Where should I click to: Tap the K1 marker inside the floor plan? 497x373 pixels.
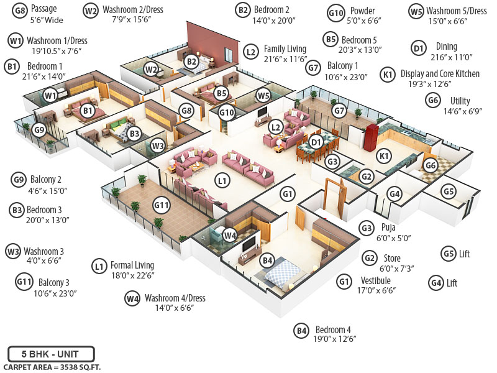coord(384,155)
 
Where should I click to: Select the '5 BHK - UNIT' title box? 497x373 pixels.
coord(51,354)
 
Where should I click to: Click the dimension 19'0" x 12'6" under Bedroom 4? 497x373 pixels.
coord(335,339)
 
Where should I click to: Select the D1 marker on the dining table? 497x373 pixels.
coord(316,142)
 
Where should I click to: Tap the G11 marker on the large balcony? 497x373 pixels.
coord(162,205)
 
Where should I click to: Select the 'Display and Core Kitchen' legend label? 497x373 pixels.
coord(440,73)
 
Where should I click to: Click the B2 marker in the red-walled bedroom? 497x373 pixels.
coord(191,61)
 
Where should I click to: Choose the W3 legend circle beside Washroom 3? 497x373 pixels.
coord(13,251)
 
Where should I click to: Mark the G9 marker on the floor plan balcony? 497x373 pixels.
coord(39,130)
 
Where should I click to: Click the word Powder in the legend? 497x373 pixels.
coord(362,11)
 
